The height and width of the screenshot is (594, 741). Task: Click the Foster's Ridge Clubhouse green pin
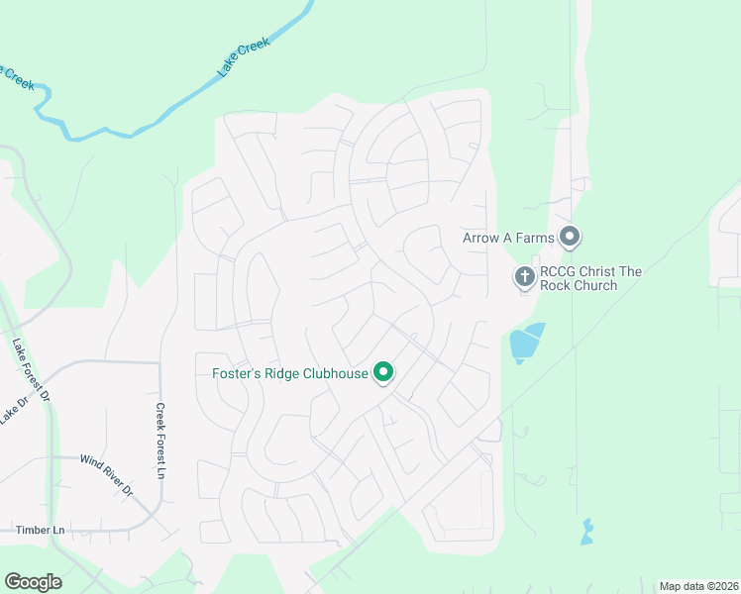click(383, 373)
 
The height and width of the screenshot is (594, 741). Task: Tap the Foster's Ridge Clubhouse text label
click(290, 373)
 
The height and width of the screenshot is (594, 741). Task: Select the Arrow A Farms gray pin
click(569, 237)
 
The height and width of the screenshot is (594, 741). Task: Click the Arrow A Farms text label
click(508, 238)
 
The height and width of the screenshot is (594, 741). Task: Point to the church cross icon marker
click(524, 277)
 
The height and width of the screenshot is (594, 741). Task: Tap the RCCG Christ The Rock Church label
click(591, 279)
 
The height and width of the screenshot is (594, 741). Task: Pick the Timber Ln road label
click(40, 530)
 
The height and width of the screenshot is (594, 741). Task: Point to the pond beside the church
click(525, 343)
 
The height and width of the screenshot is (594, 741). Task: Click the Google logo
click(33, 582)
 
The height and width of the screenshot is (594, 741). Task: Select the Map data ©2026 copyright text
click(698, 586)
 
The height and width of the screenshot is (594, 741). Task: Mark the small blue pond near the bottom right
click(586, 533)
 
